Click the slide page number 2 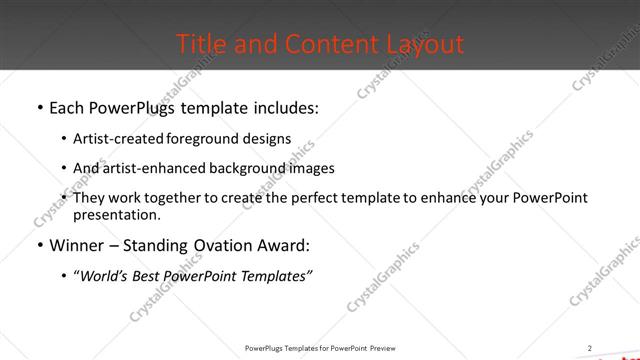[x=589, y=347]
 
